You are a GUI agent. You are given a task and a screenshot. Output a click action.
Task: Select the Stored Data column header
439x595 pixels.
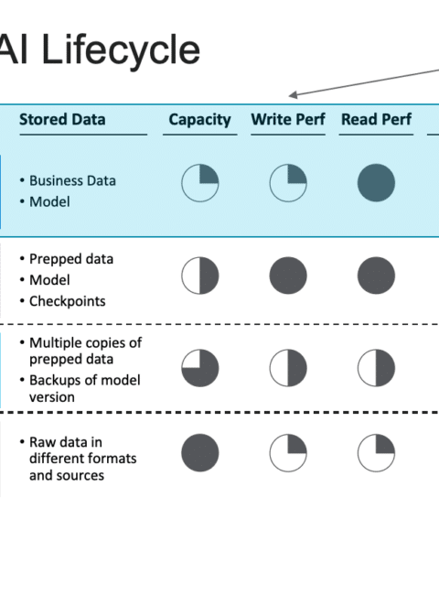pyautogui.click(x=62, y=120)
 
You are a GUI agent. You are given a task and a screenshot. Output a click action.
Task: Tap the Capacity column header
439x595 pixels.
pyautogui.click(x=199, y=120)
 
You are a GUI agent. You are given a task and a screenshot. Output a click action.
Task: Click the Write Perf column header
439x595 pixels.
pyautogui.click(x=288, y=120)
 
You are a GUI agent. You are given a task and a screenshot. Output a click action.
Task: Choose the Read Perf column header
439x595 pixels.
pyautogui.click(x=376, y=120)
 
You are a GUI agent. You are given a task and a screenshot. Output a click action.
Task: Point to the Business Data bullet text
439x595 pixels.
pyautogui.click(x=72, y=180)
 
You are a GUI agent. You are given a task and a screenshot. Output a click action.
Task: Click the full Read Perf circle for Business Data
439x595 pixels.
pyautogui.click(x=376, y=183)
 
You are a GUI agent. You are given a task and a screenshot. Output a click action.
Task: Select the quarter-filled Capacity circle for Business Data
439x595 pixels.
pyautogui.click(x=200, y=183)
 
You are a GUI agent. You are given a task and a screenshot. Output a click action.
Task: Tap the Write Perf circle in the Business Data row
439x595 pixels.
pyautogui.click(x=288, y=183)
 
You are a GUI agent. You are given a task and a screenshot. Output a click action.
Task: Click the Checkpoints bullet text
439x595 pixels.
pyautogui.click(x=68, y=301)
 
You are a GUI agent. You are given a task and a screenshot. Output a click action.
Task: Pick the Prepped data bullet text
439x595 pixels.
pyautogui.click(x=71, y=259)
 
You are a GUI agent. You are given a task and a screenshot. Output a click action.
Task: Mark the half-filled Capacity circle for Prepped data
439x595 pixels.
pyautogui.click(x=200, y=276)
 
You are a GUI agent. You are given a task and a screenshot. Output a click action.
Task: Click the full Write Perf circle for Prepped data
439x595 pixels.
pyautogui.click(x=288, y=276)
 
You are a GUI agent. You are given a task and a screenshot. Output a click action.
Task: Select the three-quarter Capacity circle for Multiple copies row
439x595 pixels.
pyautogui.click(x=200, y=368)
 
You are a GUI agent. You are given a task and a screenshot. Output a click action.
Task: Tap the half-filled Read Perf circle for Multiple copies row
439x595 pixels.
pyautogui.click(x=376, y=368)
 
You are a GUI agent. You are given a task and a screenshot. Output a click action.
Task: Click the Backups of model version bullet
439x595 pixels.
pyautogui.click(x=85, y=388)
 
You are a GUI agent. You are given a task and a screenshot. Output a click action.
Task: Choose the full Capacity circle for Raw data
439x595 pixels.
pyautogui.click(x=200, y=453)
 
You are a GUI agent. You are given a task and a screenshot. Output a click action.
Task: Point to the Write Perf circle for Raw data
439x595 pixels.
pyautogui.click(x=288, y=453)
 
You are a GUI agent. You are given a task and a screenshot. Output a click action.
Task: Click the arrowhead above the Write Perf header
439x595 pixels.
pyautogui.click(x=293, y=95)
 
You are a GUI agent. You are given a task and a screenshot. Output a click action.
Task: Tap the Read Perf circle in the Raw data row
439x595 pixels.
pyautogui.click(x=376, y=453)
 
